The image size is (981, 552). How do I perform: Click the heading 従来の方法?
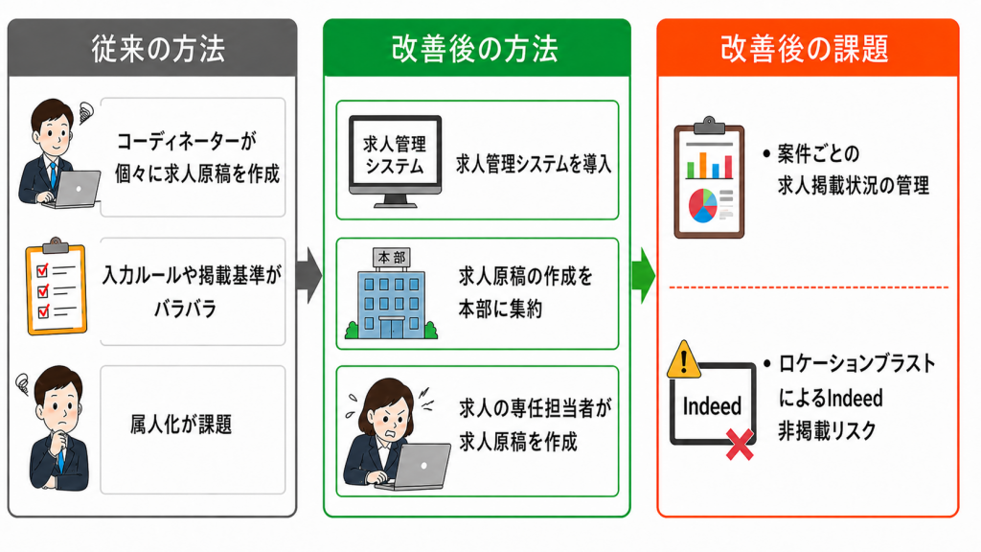point(158,49)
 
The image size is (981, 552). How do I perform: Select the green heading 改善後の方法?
point(475,49)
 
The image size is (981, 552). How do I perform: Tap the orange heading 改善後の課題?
point(805,49)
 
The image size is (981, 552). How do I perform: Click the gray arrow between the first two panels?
point(309,275)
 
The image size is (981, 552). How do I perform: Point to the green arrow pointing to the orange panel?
point(643,275)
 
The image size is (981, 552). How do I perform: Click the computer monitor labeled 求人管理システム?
point(395,161)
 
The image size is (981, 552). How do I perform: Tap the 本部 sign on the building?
point(392,257)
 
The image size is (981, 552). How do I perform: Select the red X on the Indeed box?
point(740,445)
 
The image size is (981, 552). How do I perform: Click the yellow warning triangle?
point(684,359)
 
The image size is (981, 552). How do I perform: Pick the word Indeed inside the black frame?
point(712,406)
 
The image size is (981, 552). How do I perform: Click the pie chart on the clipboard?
point(702,205)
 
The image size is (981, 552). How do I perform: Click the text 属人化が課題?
point(181,425)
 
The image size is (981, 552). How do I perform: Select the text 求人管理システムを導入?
point(533,164)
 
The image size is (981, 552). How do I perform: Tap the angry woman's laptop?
point(417,468)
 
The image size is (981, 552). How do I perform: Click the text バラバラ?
point(185,309)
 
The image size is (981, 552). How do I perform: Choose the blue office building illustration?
point(391,293)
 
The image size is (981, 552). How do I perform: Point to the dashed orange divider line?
point(809,287)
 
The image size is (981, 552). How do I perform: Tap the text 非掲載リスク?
point(827,430)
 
